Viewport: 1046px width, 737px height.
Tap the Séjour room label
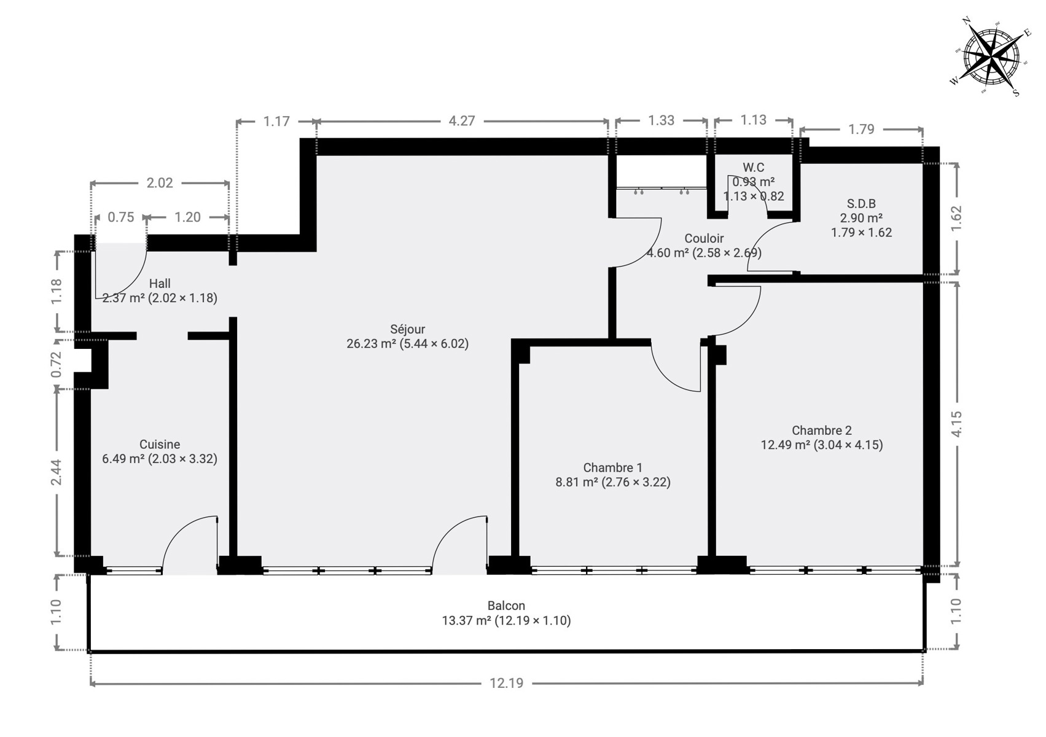tap(408, 329)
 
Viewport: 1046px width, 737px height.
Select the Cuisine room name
tap(160, 444)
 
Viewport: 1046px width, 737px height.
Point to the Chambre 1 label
tap(612, 467)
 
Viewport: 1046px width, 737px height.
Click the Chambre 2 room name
tap(822, 430)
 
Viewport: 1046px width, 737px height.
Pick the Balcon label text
tap(506, 606)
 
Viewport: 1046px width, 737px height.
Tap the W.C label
tap(754, 167)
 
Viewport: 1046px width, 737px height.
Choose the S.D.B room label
tap(862, 204)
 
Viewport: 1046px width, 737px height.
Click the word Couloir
tap(704, 238)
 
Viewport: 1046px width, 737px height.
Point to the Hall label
tap(160, 284)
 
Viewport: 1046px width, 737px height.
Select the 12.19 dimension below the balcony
tap(507, 684)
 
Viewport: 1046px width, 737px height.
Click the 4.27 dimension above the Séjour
tap(462, 121)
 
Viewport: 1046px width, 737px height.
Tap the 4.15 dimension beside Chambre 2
tap(956, 424)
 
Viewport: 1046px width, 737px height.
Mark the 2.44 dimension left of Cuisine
tap(56, 472)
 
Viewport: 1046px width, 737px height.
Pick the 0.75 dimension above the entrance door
tap(121, 217)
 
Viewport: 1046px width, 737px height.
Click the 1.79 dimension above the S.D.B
tap(861, 130)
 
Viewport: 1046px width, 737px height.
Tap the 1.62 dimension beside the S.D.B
tap(956, 217)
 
